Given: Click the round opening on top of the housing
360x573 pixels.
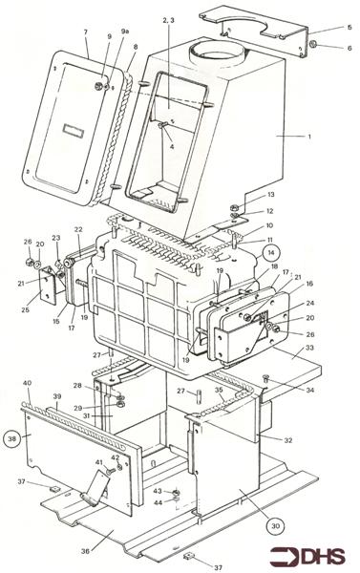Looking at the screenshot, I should coord(217,48).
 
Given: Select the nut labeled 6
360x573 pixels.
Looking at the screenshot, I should coord(312,44).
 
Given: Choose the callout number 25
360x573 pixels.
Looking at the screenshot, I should coord(25,310).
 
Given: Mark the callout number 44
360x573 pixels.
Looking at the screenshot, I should coord(159,501).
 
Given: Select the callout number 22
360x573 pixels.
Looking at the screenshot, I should coord(78,229).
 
